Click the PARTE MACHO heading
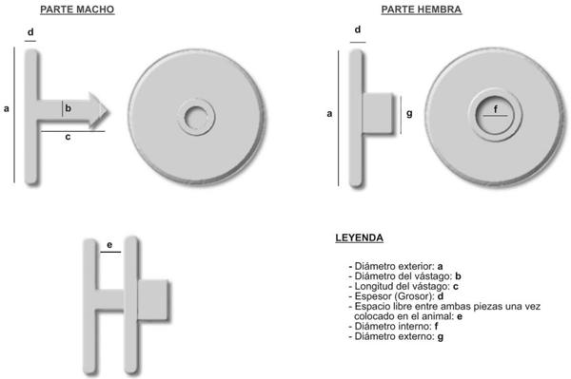tap(77, 9)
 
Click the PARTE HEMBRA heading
tap(422, 9)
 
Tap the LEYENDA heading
tap(359, 238)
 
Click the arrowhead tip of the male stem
tap(108, 110)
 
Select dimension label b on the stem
tap(68, 108)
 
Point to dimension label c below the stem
tap(68, 137)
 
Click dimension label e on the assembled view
tap(109, 245)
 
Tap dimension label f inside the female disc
tap(495, 109)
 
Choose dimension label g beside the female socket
tap(409, 114)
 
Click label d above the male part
tap(30, 32)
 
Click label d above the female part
tap(358, 29)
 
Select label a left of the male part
tap(7, 108)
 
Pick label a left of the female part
tap(329, 114)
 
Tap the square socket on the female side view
tap(378, 113)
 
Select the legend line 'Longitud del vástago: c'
tap(404, 286)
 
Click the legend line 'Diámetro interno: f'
tap(393, 327)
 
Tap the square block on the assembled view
tap(153, 300)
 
